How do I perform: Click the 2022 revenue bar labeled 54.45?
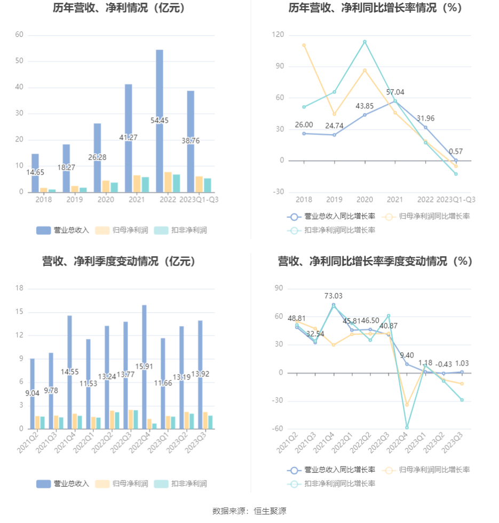pos(160,121)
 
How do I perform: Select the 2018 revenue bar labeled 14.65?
pos(35,172)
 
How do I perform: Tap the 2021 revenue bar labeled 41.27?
pos(129,138)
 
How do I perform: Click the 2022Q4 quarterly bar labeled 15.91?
pos(144,367)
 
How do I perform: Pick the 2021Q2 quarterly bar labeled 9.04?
pos(32,393)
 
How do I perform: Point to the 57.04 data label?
pos(395,92)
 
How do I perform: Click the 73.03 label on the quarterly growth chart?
pos(334,296)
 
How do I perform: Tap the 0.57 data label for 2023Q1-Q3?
pos(456,151)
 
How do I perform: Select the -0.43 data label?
pos(443,364)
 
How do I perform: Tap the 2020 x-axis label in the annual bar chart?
pos(106,200)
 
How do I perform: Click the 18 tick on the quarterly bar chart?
pos(20,288)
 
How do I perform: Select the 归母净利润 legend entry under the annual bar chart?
pos(123,231)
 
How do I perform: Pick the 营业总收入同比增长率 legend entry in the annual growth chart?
pos(331,217)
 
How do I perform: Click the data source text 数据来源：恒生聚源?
pos(249,511)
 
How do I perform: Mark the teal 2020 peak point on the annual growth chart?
pos(365,42)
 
